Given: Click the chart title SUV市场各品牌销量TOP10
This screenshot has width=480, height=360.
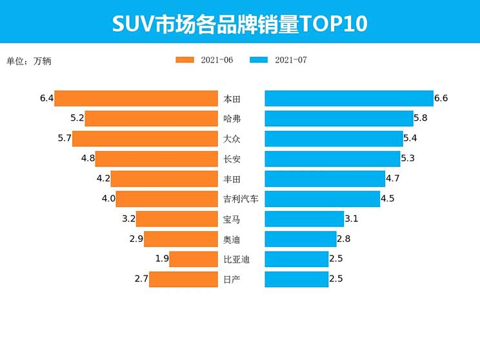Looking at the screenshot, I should (240, 23).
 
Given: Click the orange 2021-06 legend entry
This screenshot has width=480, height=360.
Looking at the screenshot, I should (204, 60).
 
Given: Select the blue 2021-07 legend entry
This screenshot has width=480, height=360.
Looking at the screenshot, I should (278, 60).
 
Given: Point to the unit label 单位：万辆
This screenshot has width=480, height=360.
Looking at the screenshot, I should (28, 61).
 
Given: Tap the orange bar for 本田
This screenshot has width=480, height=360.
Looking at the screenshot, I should (136, 99).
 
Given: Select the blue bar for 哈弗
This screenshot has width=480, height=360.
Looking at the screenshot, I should (339, 119).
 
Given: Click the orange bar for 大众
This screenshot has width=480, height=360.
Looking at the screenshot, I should (145, 139).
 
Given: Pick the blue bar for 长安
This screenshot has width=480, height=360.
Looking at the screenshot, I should (332, 159).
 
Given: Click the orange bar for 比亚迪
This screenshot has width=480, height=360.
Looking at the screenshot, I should (194, 259).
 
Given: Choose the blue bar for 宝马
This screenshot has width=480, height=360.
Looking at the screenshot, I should (305, 219).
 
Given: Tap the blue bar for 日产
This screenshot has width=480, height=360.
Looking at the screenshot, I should (297, 279).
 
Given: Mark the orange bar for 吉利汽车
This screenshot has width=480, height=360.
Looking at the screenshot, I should (167, 199).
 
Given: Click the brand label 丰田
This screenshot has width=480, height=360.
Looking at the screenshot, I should (232, 179).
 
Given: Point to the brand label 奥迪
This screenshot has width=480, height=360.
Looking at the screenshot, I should (232, 239).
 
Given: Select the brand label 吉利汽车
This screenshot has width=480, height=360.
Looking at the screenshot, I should (241, 199).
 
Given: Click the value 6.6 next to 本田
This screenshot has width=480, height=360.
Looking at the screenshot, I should (441, 99).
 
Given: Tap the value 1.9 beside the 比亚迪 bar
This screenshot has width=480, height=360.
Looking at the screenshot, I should (162, 259).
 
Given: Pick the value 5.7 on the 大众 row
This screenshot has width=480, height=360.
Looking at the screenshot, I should (65, 139).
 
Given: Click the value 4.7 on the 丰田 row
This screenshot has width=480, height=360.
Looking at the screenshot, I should (393, 179).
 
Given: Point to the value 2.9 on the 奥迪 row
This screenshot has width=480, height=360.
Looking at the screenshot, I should (135, 239).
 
